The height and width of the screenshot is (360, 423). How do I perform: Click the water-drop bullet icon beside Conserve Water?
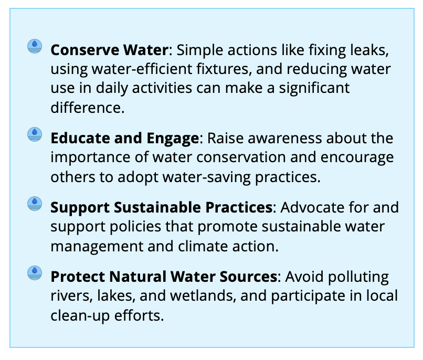pos(35,46)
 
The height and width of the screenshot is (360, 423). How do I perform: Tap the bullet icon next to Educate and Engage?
pos(35,134)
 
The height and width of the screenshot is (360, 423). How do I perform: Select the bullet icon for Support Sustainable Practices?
pos(35,204)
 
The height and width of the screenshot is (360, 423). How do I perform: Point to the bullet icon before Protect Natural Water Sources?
pos(35,273)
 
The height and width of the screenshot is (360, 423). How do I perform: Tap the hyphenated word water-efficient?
pos(142,69)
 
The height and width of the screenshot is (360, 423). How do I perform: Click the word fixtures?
pos(224,69)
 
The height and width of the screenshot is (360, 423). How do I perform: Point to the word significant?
pos(314,89)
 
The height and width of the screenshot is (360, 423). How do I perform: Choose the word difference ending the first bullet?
pos(88,108)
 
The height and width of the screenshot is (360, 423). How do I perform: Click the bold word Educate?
pos(80,139)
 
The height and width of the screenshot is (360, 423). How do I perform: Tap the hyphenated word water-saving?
pos(206,178)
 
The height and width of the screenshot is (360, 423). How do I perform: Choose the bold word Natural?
pos(138,277)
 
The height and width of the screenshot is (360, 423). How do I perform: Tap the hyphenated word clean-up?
pos(80,316)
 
